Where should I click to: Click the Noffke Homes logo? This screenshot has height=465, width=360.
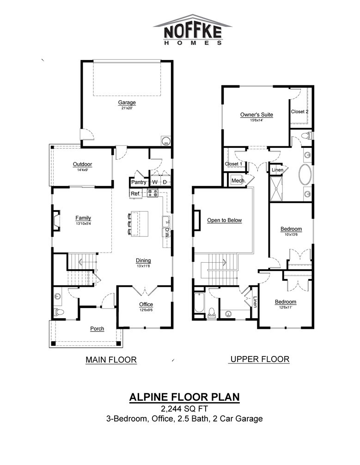[193, 30]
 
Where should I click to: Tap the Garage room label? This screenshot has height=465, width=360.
[127, 103]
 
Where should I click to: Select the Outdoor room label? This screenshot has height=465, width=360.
[83, 164]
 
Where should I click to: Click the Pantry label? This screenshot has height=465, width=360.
[139, 182]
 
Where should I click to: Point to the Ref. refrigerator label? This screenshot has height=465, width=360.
[135, 193]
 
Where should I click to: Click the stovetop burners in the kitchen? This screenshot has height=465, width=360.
[153, 193]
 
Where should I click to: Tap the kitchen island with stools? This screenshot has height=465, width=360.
[138, 223]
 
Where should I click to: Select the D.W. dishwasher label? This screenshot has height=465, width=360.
[167, 232]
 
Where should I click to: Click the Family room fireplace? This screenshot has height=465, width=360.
[57, 220]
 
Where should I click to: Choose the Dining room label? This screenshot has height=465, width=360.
[143, 261]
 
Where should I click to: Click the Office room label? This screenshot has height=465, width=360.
[146, 305]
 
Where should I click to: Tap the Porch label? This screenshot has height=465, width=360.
[97, 329]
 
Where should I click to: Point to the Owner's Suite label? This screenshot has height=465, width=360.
[257, 115]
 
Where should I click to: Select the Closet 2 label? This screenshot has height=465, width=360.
[300, 111]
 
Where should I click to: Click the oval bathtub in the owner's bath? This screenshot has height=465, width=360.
[305, 175]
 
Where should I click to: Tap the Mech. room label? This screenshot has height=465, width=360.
[238, 181]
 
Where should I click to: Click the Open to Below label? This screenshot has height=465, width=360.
[225, 220]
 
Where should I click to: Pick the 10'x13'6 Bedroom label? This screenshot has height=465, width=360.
[291, 229]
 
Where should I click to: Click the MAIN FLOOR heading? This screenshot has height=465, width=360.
[111, 360]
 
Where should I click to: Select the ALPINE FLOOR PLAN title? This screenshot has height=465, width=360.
[184, 397]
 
